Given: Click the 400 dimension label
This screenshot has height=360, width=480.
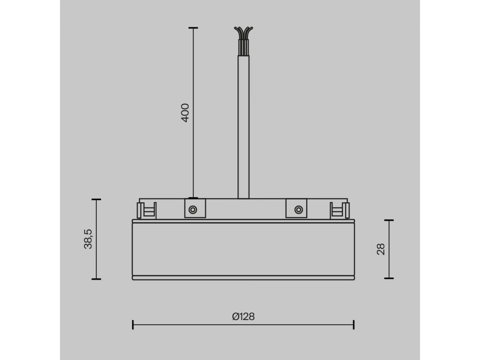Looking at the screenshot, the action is (185, 113).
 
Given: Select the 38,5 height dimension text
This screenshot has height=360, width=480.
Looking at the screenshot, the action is (88, 239).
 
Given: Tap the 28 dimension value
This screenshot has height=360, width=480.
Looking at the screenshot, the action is (381, 249).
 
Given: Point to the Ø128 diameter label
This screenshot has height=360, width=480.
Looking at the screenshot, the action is (243, 316).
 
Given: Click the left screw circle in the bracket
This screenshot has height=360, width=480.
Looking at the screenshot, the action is (193, 210).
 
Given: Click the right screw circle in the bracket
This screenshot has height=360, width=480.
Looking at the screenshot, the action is (299, 210).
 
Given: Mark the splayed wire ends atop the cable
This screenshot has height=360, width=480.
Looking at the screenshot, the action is (243, 33).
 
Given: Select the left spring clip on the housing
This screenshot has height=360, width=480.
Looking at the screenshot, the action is (146, 210).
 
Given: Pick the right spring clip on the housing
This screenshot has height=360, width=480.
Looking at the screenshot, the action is (340, 210).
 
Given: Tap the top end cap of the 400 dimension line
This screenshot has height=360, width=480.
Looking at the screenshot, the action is (193, 28).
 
